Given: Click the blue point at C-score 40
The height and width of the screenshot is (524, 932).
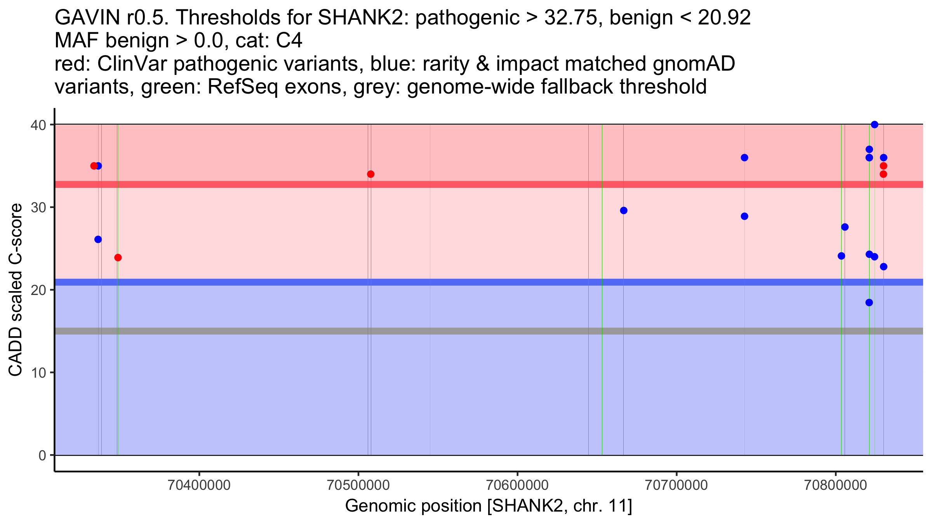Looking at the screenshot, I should pos(875,125).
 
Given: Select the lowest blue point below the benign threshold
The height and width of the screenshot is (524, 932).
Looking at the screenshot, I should pos(869,302).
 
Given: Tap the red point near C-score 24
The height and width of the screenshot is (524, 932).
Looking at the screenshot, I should pos(118,257).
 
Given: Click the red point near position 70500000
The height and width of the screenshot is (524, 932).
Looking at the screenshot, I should pos(370,174).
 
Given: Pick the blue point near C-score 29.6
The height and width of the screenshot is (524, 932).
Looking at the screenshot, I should pos(624,210).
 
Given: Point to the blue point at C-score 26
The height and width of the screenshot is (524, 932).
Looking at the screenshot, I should pos(98,239).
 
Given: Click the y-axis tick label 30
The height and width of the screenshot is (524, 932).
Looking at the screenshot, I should pos(38,207).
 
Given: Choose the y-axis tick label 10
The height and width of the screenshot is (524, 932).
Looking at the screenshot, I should pos(38,373).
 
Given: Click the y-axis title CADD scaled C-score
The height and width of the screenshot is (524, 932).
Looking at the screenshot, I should pos(16,290).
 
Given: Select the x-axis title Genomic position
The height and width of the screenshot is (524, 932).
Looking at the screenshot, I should pos(489,506).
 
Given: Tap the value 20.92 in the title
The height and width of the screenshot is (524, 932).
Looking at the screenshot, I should pos(724,17).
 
